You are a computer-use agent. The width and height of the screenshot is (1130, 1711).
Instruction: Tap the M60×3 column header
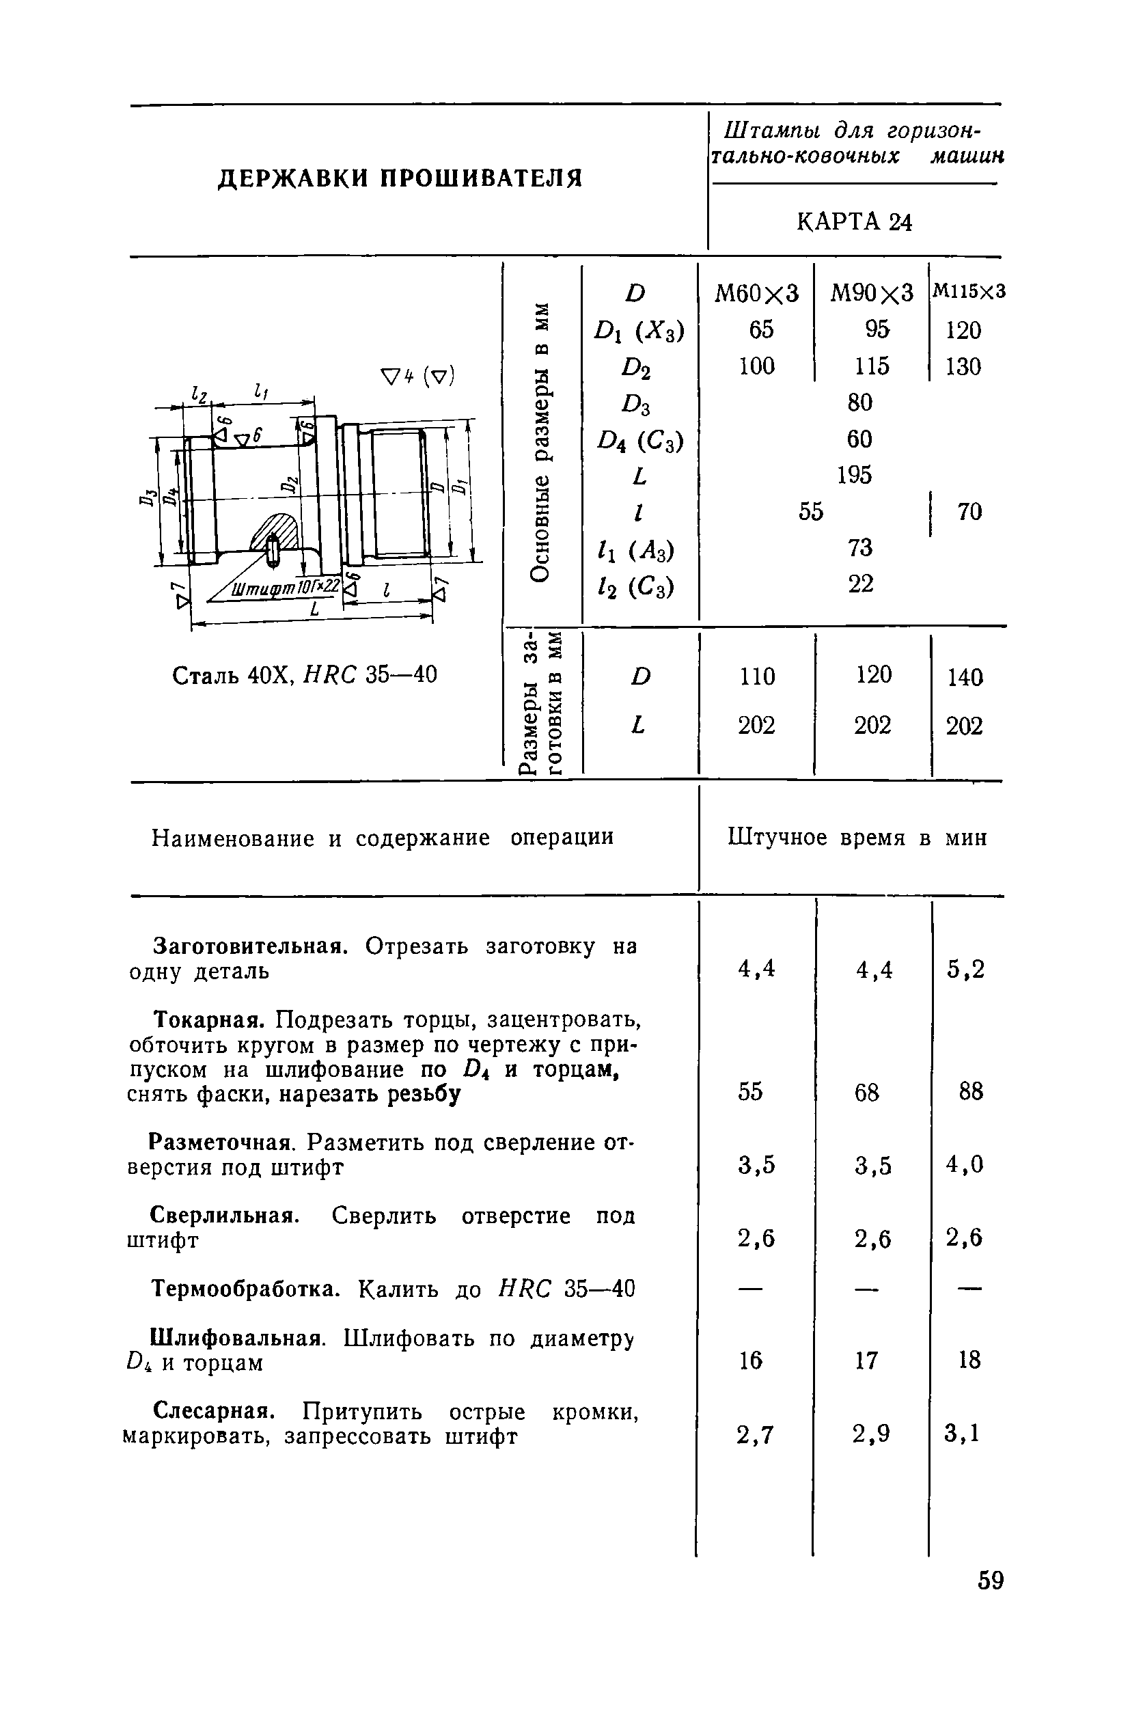pos(757,293)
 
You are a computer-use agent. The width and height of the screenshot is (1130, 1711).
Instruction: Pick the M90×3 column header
pos(872,293)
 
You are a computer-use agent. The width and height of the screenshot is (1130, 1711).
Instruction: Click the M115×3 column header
pos(969,291)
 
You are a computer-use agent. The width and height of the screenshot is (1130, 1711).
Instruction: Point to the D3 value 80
pos(859,402)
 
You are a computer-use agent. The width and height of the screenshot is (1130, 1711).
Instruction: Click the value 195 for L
pos(855,475)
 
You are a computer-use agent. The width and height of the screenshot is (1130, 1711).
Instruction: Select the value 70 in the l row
pos(969,512)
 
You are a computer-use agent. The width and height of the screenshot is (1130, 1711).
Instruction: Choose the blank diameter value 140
pos(965,677)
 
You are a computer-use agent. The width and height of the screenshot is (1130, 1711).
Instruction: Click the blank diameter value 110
pos(757,676)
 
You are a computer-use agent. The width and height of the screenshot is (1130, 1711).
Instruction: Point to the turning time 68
pos(867,1093)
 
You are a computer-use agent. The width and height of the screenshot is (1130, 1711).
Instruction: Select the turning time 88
pos(971,1092)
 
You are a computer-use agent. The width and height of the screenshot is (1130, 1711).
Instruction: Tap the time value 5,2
pos(965,970)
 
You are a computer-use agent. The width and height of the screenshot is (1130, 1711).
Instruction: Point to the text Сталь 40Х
pos(232,676)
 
